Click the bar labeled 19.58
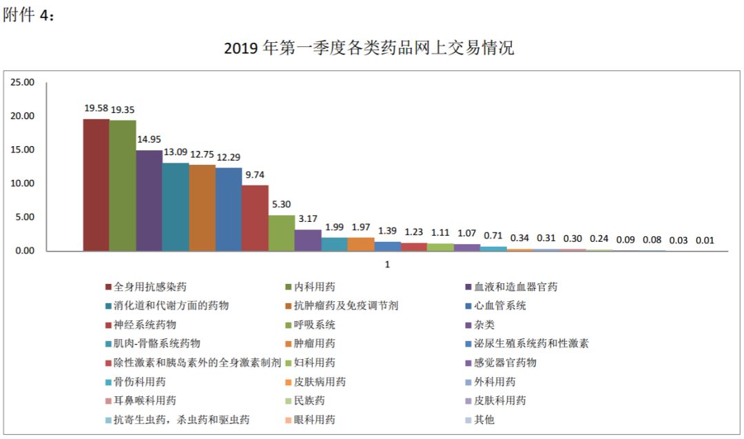point(96,185)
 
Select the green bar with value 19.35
point(123,185)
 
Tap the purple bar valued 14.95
point(149,201)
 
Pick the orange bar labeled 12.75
point(202,208)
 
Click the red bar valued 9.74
point(255,218)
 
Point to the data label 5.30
point(281,205)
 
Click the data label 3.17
point(308,219)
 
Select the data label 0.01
point(705,241)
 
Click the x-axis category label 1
point(387,264)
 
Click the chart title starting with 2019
point(369,49)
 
